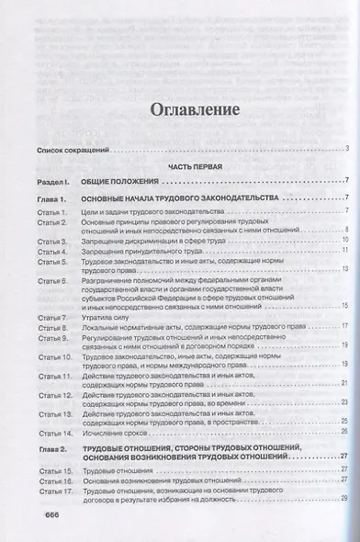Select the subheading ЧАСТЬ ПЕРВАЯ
(185, 166)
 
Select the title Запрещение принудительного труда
(148, 249)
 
